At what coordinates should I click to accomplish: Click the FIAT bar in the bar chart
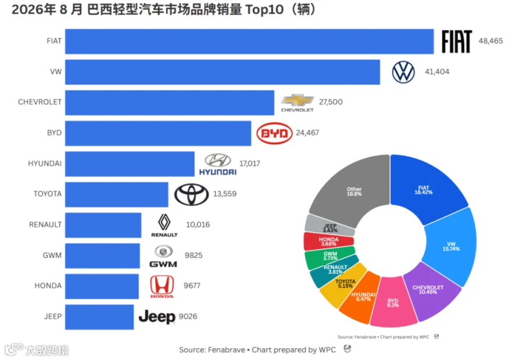(x=249, y=41)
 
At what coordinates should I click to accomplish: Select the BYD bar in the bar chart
(x=158, y=133)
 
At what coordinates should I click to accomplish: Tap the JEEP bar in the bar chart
(x=99, y=317)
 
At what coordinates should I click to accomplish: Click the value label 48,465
(x=490, y=41)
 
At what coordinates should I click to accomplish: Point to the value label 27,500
(x=331, y=102)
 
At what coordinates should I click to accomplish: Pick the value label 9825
(x=194, y=255)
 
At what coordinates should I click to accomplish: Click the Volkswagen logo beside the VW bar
(x=403, y=72)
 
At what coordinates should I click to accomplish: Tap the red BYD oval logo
(x=274, y=133)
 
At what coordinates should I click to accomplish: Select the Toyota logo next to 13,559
(x=191, y=194)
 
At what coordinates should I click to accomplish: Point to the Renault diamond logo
(x=164, y=222)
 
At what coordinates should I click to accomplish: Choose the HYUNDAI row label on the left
(x=45, y=163)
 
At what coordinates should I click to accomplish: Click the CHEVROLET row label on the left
(x=40, y=102)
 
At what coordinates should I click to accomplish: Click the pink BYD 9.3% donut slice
(x=393, y=303)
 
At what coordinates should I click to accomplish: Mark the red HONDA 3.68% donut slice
(x=328, y=241)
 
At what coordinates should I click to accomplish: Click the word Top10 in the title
(x=264, y=10)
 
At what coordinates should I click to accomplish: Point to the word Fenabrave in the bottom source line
(x=227, y=350)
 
